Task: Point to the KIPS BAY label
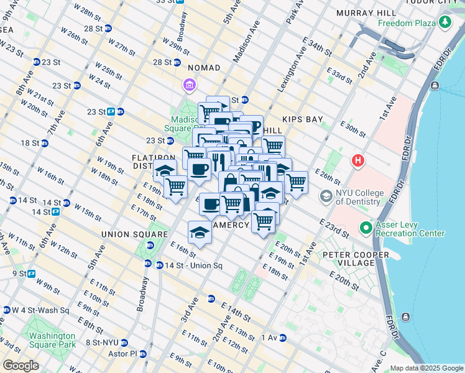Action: click(x=301, y=119)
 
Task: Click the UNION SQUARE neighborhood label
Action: click(x=135, y=234)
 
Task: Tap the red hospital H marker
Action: click(x=358, y=160)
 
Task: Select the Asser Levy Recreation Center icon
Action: click(x=366, y=228)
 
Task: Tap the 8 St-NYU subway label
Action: click(x=102, y=343)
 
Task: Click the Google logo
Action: click(x=21, y=366)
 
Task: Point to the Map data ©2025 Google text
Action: click(x=426, y=368)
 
